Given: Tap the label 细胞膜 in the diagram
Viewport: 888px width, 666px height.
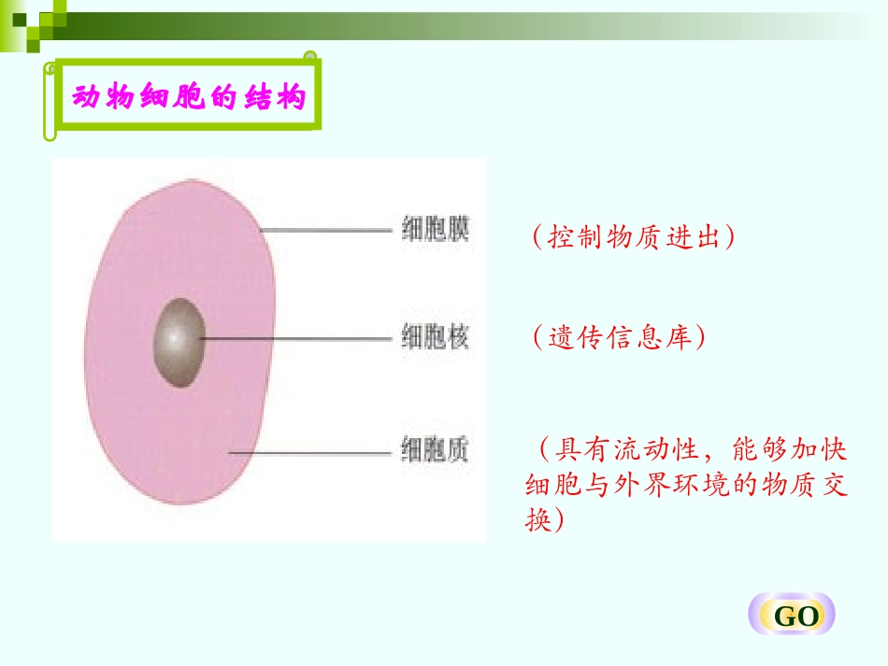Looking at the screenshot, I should pyautogui.click(x=435, y=230).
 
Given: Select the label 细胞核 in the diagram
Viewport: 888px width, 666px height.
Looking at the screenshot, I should pyautogui.click(x=435, y=336).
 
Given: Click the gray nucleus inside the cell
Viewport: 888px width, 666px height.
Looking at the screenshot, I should pyautogui.click(x=179, y=342).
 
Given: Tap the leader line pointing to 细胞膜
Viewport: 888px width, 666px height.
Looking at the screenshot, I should pyautogui.click(x=327, y=230).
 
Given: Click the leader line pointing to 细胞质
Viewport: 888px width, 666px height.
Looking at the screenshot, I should pyautogui.click(x=308, y=453).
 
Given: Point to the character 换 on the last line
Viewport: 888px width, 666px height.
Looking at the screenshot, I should pyautogui.click(x=538, y=520).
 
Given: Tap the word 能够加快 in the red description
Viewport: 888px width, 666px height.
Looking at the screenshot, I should pyautogui.click(x=789, y=450).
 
